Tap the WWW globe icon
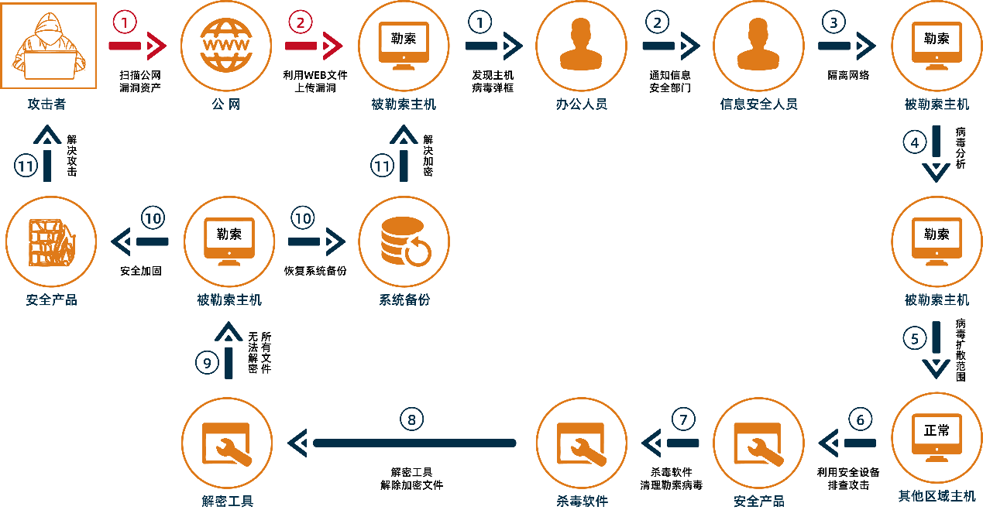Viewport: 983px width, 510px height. tap(226, 45)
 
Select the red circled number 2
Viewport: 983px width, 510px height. tap(300, 22)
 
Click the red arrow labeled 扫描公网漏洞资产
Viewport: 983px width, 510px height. tap(137, 46)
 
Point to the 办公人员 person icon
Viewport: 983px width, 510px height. tap(581, 44)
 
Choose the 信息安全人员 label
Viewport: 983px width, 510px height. tap(758, 104)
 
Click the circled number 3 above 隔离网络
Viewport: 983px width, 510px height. tap(833, 22)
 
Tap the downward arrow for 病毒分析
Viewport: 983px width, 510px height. tap(936, 153)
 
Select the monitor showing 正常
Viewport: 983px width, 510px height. tap(937, 437)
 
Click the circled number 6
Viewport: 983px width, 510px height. tap(860, 419)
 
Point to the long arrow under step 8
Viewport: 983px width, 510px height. tap(401, 443)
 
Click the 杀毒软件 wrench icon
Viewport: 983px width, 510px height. tap(581, 443)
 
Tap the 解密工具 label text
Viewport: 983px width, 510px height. tap(227, 501)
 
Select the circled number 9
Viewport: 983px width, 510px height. tap(207, 363)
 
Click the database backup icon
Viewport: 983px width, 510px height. tap(404, 241)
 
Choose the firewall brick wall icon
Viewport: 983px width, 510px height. tap(51, 242)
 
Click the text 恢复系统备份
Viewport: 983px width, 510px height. tap(315, 271)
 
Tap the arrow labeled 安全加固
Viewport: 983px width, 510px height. tap(139, 241)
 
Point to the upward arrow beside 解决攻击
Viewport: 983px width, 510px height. tap(47, 153)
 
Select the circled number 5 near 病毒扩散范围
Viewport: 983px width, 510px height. tap(915, 338)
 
